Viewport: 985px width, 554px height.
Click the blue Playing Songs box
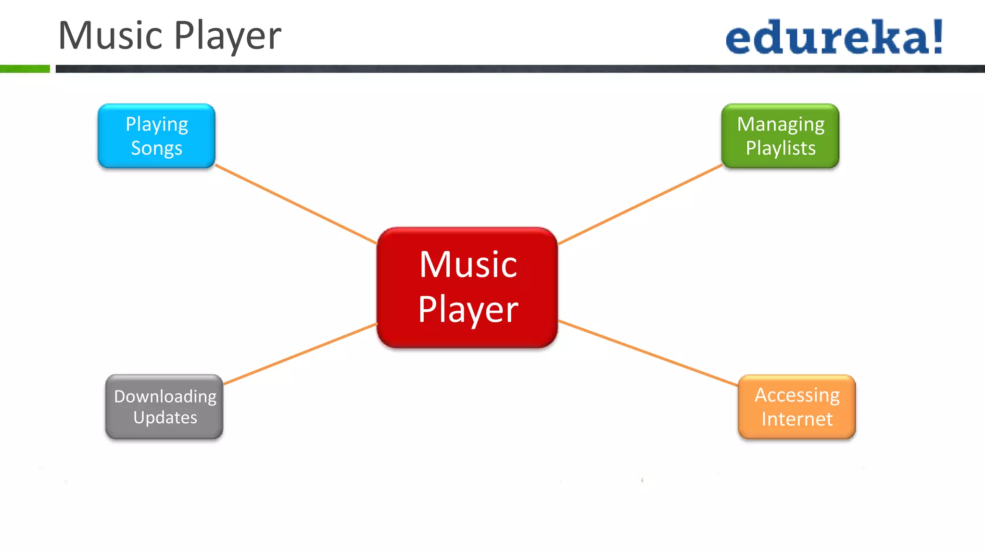(156, 136)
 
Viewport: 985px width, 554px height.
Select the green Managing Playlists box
(780, 136)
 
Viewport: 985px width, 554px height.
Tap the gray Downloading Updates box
(164, 407)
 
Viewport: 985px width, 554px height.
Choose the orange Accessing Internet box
(796, 407)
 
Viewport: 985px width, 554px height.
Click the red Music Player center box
(467, 287)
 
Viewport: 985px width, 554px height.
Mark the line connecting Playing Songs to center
(296, 204)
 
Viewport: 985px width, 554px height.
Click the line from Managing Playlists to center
(640, 204)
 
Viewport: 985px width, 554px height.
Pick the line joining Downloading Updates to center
(300, 354)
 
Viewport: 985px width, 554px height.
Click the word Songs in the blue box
(156, 148)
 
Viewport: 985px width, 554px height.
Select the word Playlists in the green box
(781, 148)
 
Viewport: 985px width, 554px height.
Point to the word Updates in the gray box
(165, 417)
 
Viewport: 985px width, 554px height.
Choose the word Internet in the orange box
(797, 419)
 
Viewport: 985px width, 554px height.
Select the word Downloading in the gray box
(165, 396)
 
